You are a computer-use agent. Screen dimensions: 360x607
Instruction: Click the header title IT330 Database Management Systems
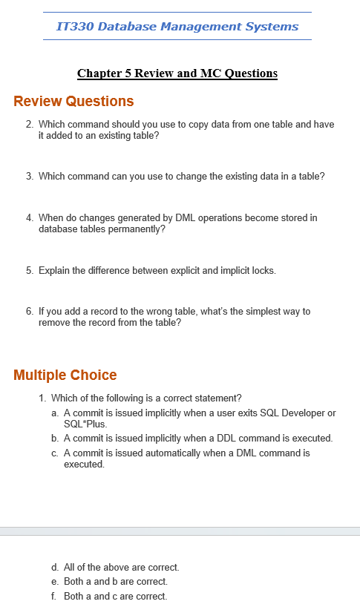tap(177, 27)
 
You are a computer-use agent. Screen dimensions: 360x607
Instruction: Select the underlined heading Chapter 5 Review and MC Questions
tap(177, 73)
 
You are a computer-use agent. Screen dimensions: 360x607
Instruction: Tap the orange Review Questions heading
tap(73, 102)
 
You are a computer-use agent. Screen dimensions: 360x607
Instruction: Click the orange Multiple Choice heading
tap(65, 375)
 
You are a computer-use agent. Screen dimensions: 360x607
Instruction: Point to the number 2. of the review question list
tap(29, 125)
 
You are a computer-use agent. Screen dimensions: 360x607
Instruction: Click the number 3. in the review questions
tap(29, 177)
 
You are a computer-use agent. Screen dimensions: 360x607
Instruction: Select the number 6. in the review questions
tap(29, 312)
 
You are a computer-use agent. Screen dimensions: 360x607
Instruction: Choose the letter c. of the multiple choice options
tap(55, 453)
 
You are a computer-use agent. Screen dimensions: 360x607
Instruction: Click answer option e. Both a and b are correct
tap(115, 582)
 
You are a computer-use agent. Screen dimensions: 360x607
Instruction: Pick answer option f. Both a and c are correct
tap(115, 597)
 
